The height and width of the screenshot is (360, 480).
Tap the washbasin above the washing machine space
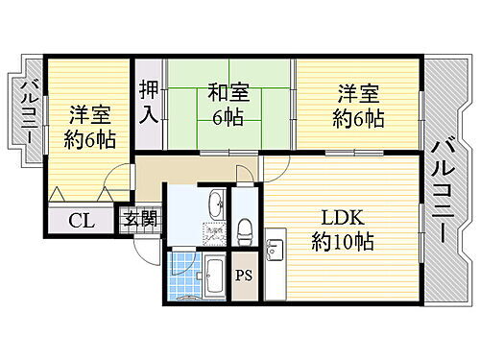coord(217,204)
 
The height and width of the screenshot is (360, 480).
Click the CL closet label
coord(81,220)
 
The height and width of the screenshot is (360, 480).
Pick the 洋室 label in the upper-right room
coord(358,94)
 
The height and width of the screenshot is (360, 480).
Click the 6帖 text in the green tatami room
coord(228,118)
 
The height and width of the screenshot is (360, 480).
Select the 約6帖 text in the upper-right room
coord(359,119)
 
